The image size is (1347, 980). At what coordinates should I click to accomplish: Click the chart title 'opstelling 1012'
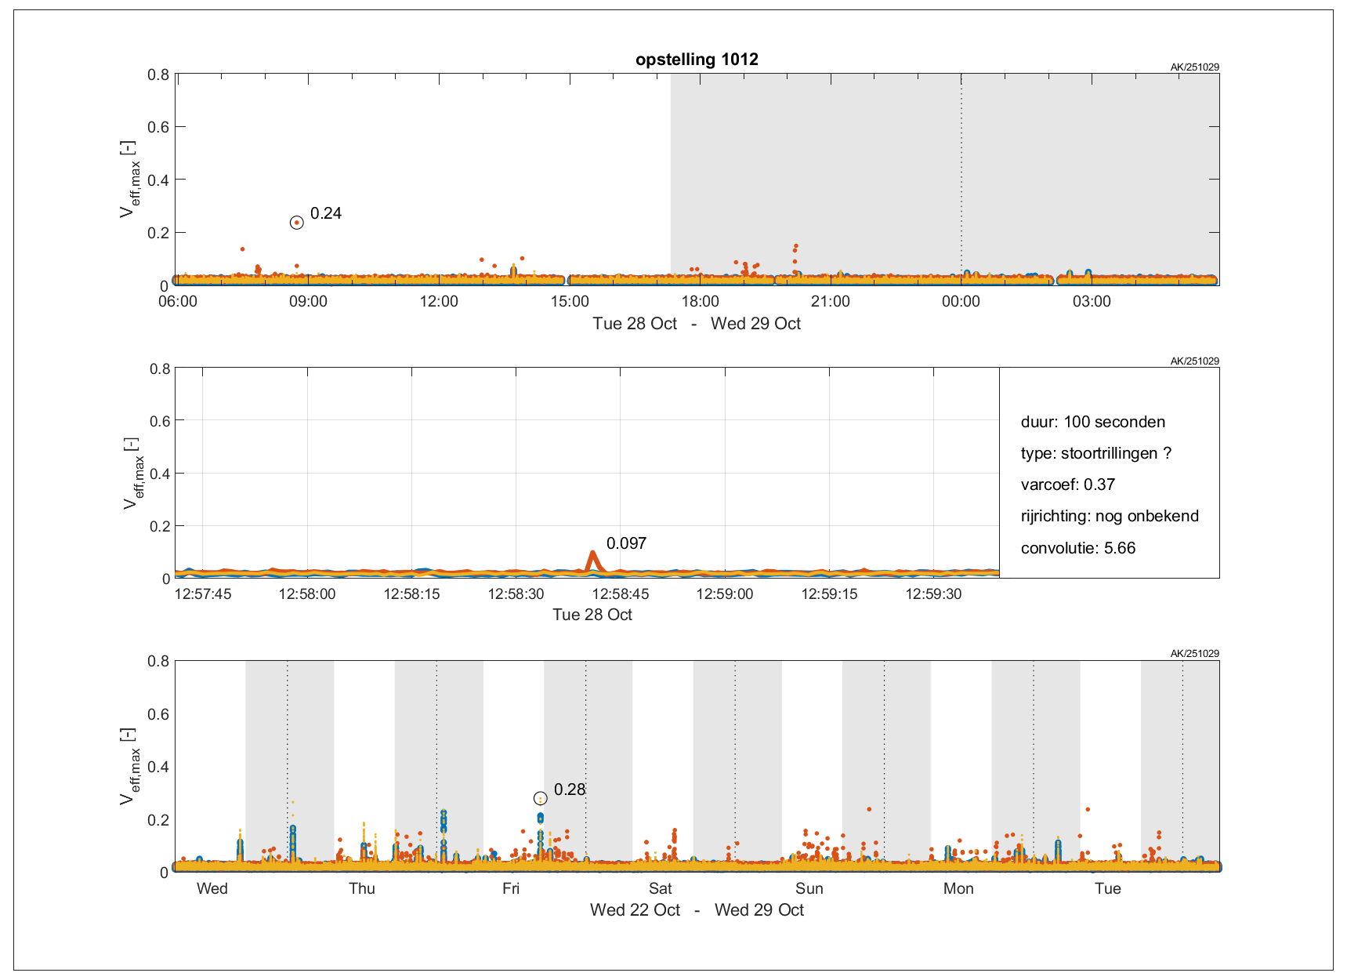click(x=697, y=60)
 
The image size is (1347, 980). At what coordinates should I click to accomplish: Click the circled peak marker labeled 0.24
click(x=296, y=223)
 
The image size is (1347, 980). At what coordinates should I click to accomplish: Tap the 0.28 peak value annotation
click(x=570, y=789)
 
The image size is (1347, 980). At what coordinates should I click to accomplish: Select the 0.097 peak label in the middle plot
click(x=626, y=543)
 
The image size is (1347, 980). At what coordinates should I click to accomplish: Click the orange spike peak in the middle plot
click(x=592, y=554)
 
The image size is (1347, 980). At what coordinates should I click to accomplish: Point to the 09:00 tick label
click(x=308, y=302)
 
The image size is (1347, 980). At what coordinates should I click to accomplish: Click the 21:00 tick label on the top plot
click(x=830, y=302)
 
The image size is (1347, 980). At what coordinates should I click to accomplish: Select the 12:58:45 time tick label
click(x=620, y=594)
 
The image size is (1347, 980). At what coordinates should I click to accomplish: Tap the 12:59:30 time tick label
click(x=933, y=594)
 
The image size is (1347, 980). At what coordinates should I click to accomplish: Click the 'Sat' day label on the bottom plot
click(x=660, y=888)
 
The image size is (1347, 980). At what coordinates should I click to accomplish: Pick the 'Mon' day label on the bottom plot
click(x=958, y=888)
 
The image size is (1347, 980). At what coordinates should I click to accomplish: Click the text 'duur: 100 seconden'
click(x=1092, y=422)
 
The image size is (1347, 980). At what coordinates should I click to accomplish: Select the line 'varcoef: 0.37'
click(x=1067, y=485)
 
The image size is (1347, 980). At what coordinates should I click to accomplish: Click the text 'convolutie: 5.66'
click(x=1077, y=548)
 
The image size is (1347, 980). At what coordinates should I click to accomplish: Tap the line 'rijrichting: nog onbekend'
click(x=1110, y=516)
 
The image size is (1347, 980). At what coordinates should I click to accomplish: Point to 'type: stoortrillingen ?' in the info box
click(x=1095, y=453)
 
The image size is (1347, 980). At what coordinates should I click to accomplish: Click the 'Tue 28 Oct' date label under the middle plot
click(x=592, y=615)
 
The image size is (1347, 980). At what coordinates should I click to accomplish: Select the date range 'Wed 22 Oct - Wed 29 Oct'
click(x=697, y=910)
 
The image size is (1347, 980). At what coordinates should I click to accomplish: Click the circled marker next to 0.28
click(x=540, y=798)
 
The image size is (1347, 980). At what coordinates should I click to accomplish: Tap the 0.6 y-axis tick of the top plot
click(x=158, y=127)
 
